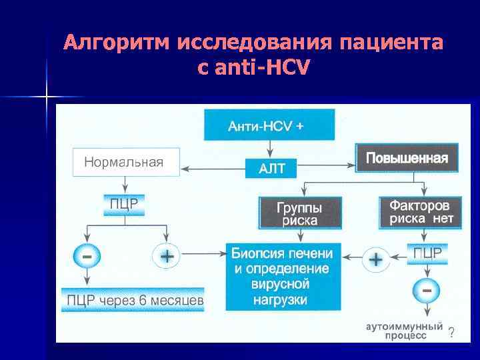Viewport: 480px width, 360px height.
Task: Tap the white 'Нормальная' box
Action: (126, 162)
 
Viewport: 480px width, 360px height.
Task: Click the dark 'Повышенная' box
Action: (407, 159)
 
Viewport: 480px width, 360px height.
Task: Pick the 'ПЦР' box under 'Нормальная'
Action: (123, 204)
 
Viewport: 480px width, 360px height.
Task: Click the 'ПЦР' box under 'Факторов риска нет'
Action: (427, 253)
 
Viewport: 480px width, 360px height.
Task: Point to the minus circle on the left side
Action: (87, 255)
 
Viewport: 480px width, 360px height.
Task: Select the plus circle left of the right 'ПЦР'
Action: (376, 259)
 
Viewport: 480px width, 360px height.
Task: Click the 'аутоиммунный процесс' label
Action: (405, 331)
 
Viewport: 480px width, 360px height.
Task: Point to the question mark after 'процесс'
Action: (452, 333)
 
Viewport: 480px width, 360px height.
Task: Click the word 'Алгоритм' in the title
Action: (117, 44)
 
